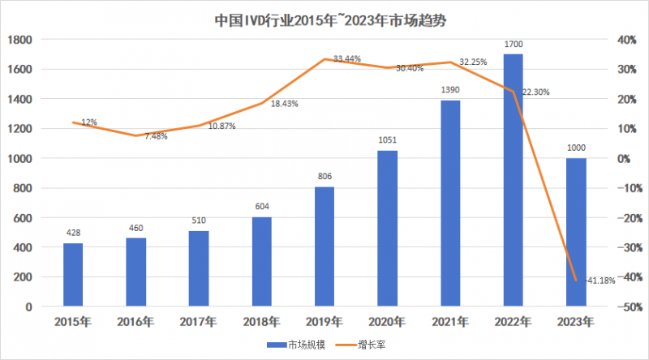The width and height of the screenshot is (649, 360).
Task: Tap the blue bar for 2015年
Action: [73, 275]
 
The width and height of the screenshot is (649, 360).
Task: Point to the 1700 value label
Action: [513, 46]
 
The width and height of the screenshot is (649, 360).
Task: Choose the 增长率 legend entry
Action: [365, 344]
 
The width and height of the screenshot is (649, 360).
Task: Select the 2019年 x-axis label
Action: [324, 322]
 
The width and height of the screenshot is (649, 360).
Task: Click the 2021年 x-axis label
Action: [450, 322]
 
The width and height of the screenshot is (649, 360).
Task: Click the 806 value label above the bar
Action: [324, 176]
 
